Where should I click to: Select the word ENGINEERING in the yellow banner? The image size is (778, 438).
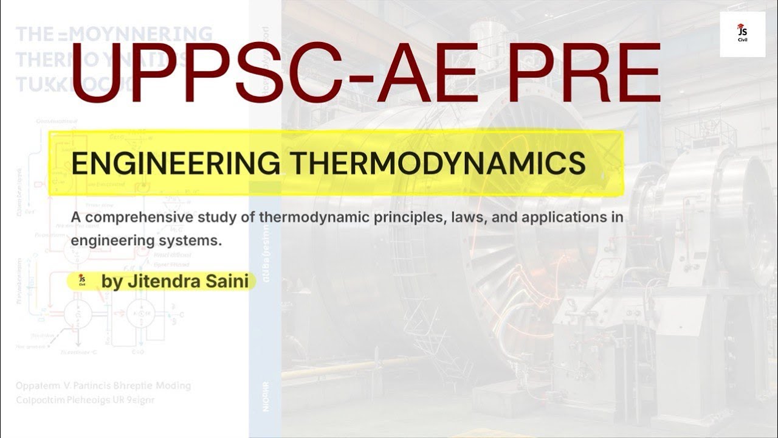click(176, 164)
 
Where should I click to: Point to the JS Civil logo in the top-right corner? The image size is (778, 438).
click(742, 34)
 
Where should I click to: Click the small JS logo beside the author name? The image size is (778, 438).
click(81, 280)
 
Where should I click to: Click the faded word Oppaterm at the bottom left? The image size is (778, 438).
click(36, 386)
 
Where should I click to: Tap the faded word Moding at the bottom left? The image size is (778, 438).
click(173, 386)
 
